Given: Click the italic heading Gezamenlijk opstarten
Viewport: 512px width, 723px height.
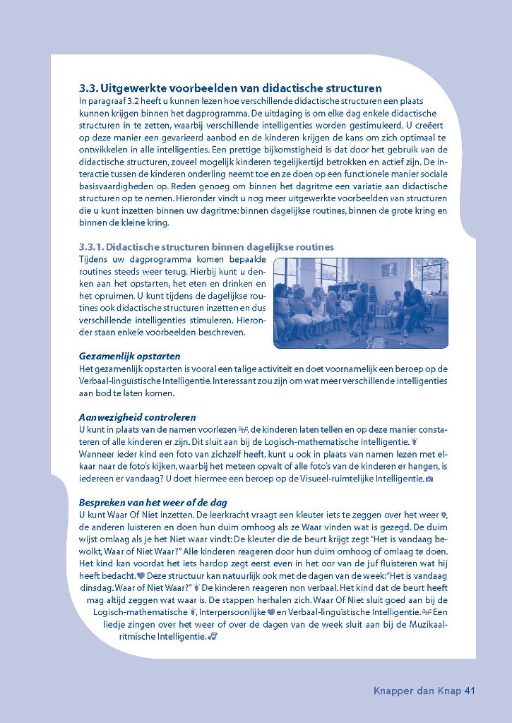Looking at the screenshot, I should pyautogui.click(x=129, y=357).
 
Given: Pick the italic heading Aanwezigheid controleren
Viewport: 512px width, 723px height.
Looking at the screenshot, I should pyautogui.click(x=137, y=417).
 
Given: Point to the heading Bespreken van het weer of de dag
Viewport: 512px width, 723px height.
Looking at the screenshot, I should pyautogui.click(x=153, y=502).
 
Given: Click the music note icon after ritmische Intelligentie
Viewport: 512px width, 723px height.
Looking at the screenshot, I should pyautogui.click(x=213, y=636).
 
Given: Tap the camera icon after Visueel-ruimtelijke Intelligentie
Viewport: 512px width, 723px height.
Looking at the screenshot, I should pyautogui.click(x=429, y=479).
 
